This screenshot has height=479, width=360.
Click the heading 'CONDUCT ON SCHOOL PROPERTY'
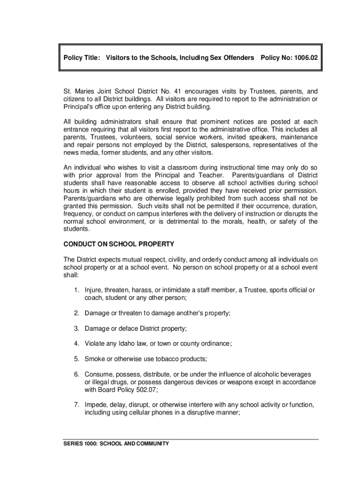coord(119,244)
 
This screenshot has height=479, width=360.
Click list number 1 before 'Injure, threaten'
coord(75,290)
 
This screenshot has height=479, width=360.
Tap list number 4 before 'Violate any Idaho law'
coord(75,343)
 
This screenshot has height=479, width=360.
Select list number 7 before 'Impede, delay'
coord(75,405)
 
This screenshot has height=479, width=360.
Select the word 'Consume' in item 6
coord(98,374)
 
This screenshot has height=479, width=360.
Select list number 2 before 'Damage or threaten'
coord(75,313)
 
